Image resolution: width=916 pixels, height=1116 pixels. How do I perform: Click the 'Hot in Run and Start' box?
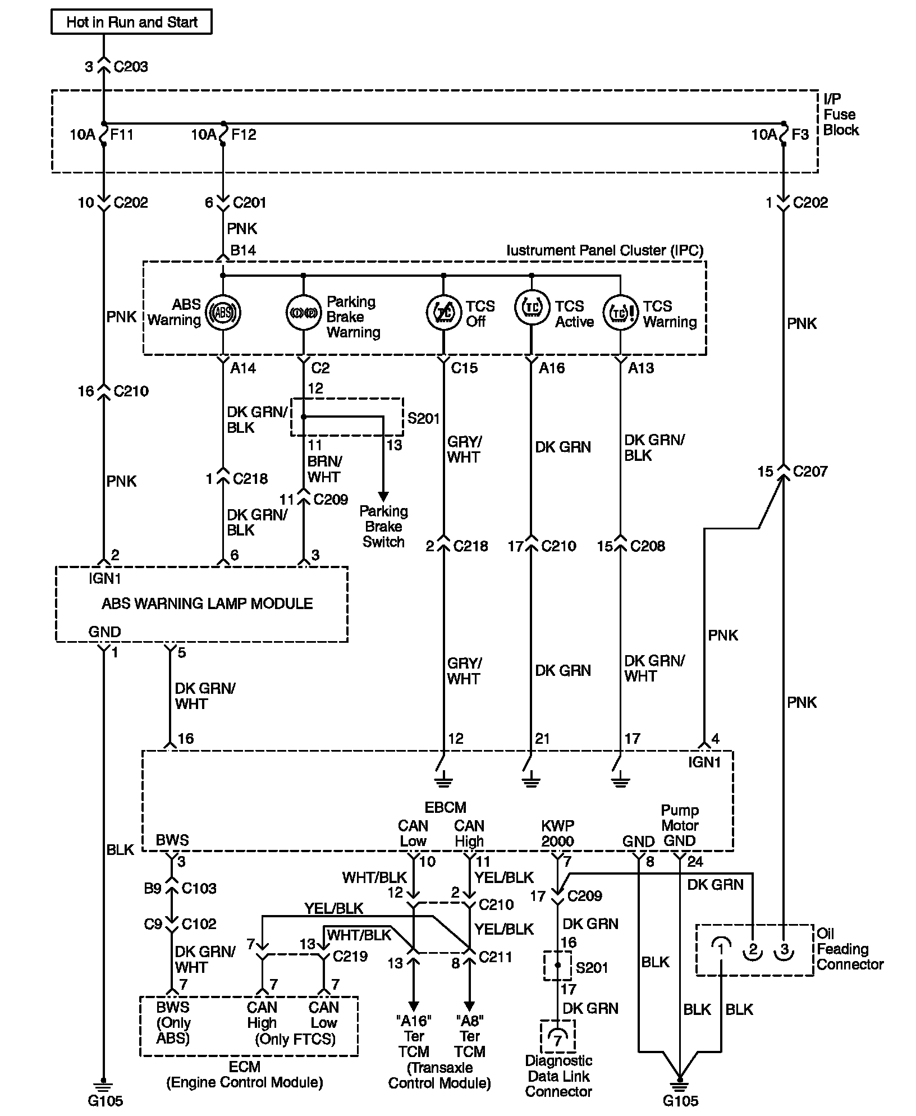click(x=131, y=22)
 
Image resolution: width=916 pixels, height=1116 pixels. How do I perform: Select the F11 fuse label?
click(x=122, y=135)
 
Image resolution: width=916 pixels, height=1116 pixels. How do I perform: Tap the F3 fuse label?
click(x=801, y=135)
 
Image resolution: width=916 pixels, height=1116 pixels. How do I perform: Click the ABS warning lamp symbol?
click(x=223, y=312)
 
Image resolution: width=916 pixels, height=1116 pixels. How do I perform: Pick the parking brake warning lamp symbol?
click(x=304, y=312)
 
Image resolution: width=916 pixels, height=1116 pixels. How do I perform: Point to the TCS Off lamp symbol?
click(x=444, y=312)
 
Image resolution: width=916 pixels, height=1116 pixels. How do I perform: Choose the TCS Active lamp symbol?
click(x=532, y=307)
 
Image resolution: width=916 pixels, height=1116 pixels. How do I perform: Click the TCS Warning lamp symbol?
click(x=621, y=312)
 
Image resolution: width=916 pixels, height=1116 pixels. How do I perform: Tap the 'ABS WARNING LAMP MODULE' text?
click(x=207, y=603)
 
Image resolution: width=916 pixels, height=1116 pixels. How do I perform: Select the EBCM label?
click(x=445, y=807)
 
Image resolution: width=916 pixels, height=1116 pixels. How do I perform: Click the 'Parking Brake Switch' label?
click(x=384, y=527)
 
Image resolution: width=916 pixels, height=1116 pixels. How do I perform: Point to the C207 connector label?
click(x=810, y=472)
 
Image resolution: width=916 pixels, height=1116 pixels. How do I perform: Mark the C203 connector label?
click(x=131, y=67)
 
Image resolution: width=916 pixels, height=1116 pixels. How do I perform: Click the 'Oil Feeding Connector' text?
click(x=850, y=949)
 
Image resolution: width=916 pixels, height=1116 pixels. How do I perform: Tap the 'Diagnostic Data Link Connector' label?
click(x=558, y=1076)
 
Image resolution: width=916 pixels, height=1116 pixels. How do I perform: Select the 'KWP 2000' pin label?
click(x=557, y=834)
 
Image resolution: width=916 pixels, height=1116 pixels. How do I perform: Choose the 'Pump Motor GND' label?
click(x=680, y=826)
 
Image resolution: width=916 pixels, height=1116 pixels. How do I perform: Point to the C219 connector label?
click(x=350, y=956)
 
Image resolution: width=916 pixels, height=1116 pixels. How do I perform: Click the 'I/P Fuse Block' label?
click(x=841, y=115)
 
